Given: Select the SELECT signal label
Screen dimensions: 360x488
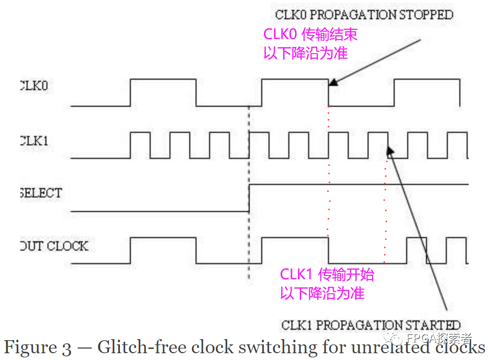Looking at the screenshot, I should [x=40, y=193].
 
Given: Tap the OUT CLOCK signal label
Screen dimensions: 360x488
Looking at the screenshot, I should [x=54, y=246].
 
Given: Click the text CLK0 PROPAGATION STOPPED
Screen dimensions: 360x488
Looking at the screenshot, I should [x=364, y=14].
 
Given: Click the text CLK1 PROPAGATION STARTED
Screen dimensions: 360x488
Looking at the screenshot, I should [x=371, y=326].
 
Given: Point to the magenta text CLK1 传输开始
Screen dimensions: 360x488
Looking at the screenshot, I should [x=327, y=275].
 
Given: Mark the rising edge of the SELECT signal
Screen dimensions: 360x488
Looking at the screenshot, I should [x=249, y=197].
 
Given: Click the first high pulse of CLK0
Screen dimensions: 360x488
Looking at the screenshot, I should [x=163, y=80].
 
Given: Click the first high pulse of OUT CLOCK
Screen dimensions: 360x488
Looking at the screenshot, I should [x=163, y=238].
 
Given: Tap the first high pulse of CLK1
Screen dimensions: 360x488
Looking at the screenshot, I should [x=139, y=133].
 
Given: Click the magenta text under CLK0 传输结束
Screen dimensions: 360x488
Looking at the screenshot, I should [x=306, y=53].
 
